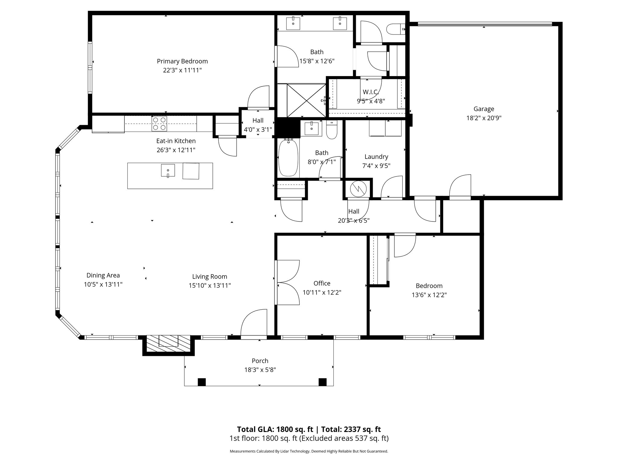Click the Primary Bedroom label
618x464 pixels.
[182, 61]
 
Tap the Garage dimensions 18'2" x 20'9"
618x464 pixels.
[484, 118]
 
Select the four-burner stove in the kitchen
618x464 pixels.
[159, 124]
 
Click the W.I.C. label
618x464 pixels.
[371, 92]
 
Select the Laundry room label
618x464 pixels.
[376, 156]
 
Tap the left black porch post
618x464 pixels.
[202, 382]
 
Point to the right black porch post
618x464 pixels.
[323, 382]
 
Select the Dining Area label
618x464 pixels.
[103, 275]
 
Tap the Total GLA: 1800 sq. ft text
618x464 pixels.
[275, 429]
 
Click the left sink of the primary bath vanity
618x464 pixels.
[293, 23]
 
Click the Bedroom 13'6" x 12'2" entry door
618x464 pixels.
[404, 245]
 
